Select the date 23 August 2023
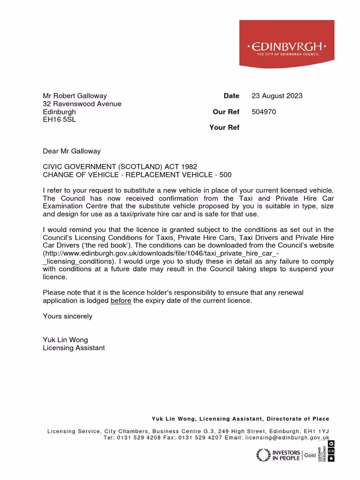click(277, 96)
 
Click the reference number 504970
click(263, 112)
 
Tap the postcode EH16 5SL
click(59, 120)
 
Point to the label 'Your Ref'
click(224, 127)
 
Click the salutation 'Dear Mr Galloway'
click(72, 151)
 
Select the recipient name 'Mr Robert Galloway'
click(75, 96)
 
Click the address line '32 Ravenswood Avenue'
click(82, 104)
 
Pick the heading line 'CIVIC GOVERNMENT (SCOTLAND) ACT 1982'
click(120, 166)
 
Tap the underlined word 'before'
click(120, 300)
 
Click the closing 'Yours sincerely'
click(67, 316)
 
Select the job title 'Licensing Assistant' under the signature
click(74, 348)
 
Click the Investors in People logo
click(279, 455)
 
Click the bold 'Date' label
click(231, 96)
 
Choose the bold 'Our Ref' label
click(226, 112)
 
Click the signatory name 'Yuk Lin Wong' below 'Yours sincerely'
click(65, 340)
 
